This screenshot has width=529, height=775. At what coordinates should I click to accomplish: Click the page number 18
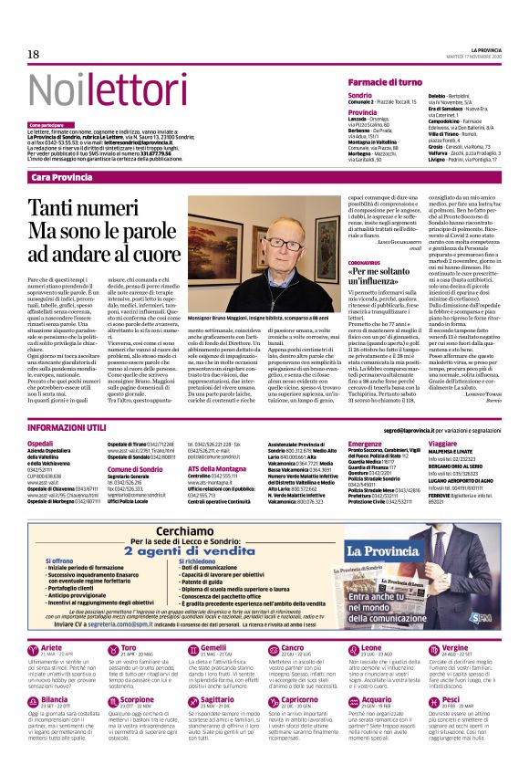click(x=34, y=55)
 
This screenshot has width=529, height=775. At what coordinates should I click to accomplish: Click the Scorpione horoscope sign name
click(x=138, y=699)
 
